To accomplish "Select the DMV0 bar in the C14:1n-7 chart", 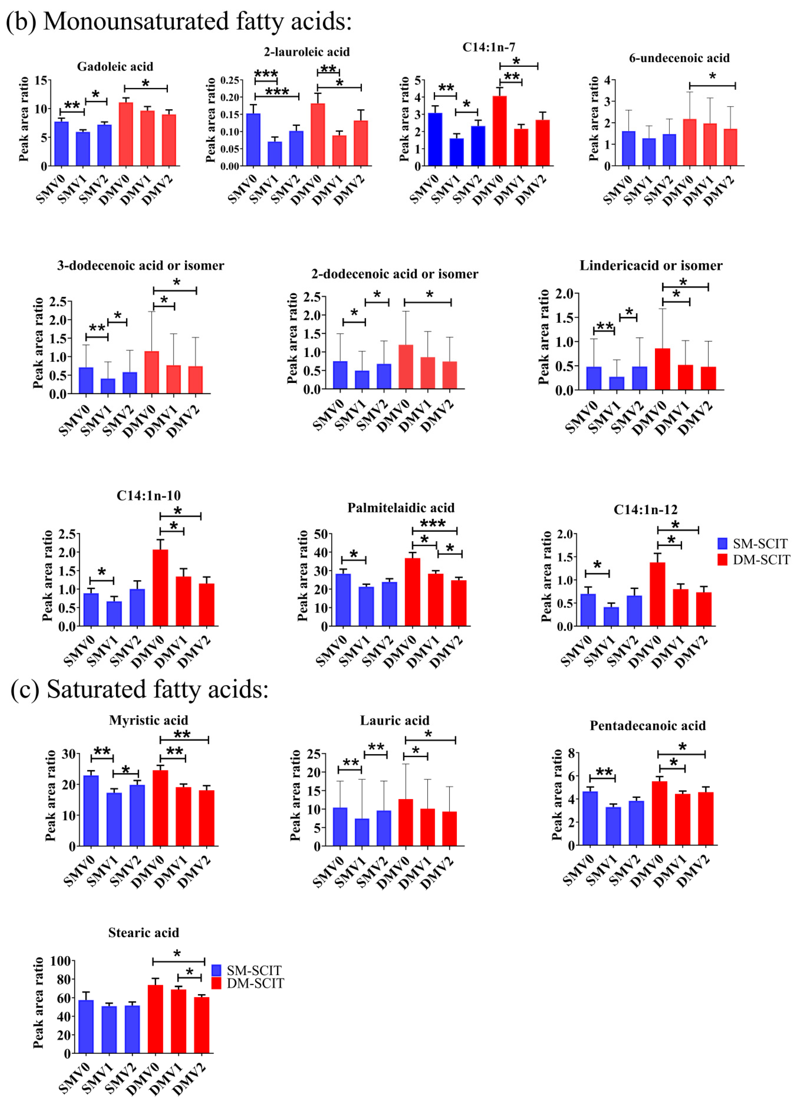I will point(499,131).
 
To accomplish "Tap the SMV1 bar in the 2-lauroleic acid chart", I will point(275,154).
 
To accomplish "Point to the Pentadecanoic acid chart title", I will point(647,726).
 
